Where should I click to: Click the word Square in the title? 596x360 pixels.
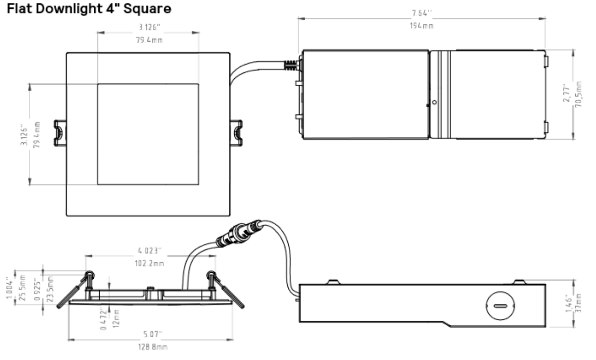tap(147, 9)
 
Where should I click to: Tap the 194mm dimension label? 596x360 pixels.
tap(422, 26)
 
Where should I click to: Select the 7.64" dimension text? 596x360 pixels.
tap(422, 13)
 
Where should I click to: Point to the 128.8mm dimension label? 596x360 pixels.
tap(153, 347)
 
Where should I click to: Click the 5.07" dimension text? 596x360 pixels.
tap(152, 334)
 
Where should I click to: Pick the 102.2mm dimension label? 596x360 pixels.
tap(149, 263)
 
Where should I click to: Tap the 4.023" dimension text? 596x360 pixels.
tap(149, 250)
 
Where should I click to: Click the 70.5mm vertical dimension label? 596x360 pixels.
tap(579, 94)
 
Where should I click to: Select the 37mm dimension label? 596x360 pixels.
tap(579, 303)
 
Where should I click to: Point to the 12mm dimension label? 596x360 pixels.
tap(116, 318)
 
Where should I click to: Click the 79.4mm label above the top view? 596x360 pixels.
tap(149, 40)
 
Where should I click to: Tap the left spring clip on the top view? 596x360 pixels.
tap(60, 133)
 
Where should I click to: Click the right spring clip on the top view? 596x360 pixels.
tap(236, 133)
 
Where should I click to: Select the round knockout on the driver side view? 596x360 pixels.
tap(500, 306)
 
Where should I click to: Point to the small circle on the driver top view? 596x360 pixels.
tap(434, 102)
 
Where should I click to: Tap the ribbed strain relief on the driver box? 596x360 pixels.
tap(290, 65)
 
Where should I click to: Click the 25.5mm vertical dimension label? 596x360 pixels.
tap(23, 288)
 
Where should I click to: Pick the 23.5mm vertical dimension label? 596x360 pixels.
tap(50, 289)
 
